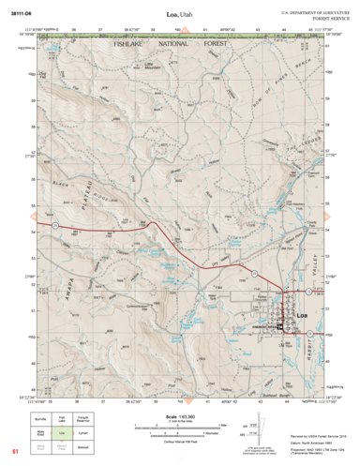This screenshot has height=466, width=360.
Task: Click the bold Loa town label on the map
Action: pos(301,315)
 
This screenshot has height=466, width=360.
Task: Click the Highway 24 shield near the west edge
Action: pos(54,227)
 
